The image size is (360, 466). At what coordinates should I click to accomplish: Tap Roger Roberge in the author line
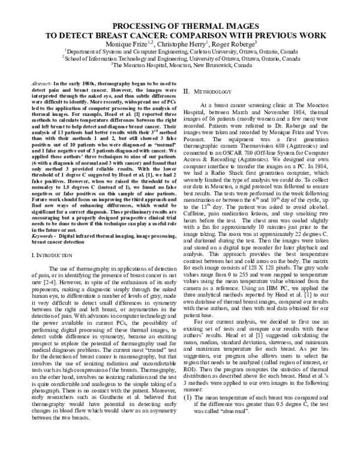tap(218, 44)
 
